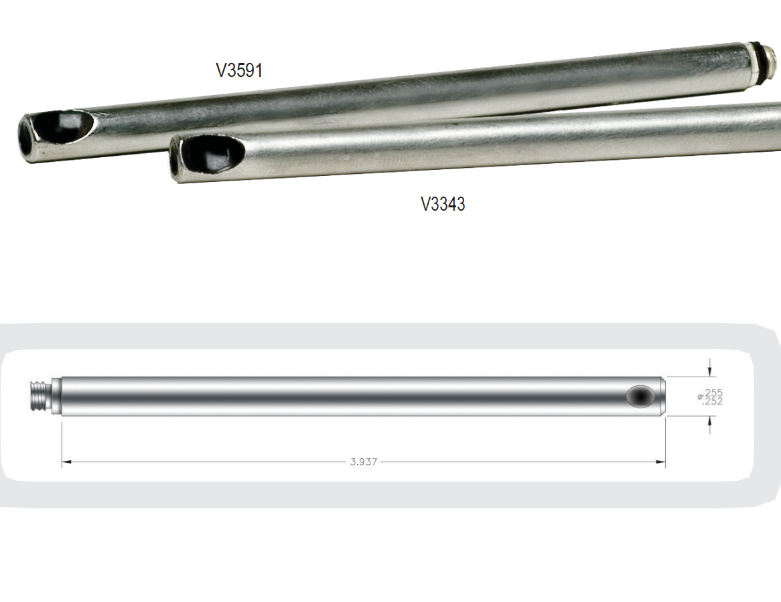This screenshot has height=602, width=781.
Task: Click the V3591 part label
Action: coord(239,70)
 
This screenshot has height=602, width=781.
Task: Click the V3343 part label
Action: coord(443,204)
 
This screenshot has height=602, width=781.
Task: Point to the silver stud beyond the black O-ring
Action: coord(770,61)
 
